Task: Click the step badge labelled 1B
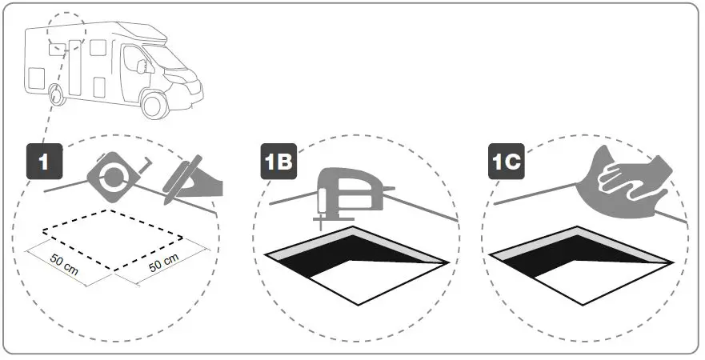coord(277,162)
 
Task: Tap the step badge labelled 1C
coord(506,162)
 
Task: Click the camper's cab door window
coord(130,59)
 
